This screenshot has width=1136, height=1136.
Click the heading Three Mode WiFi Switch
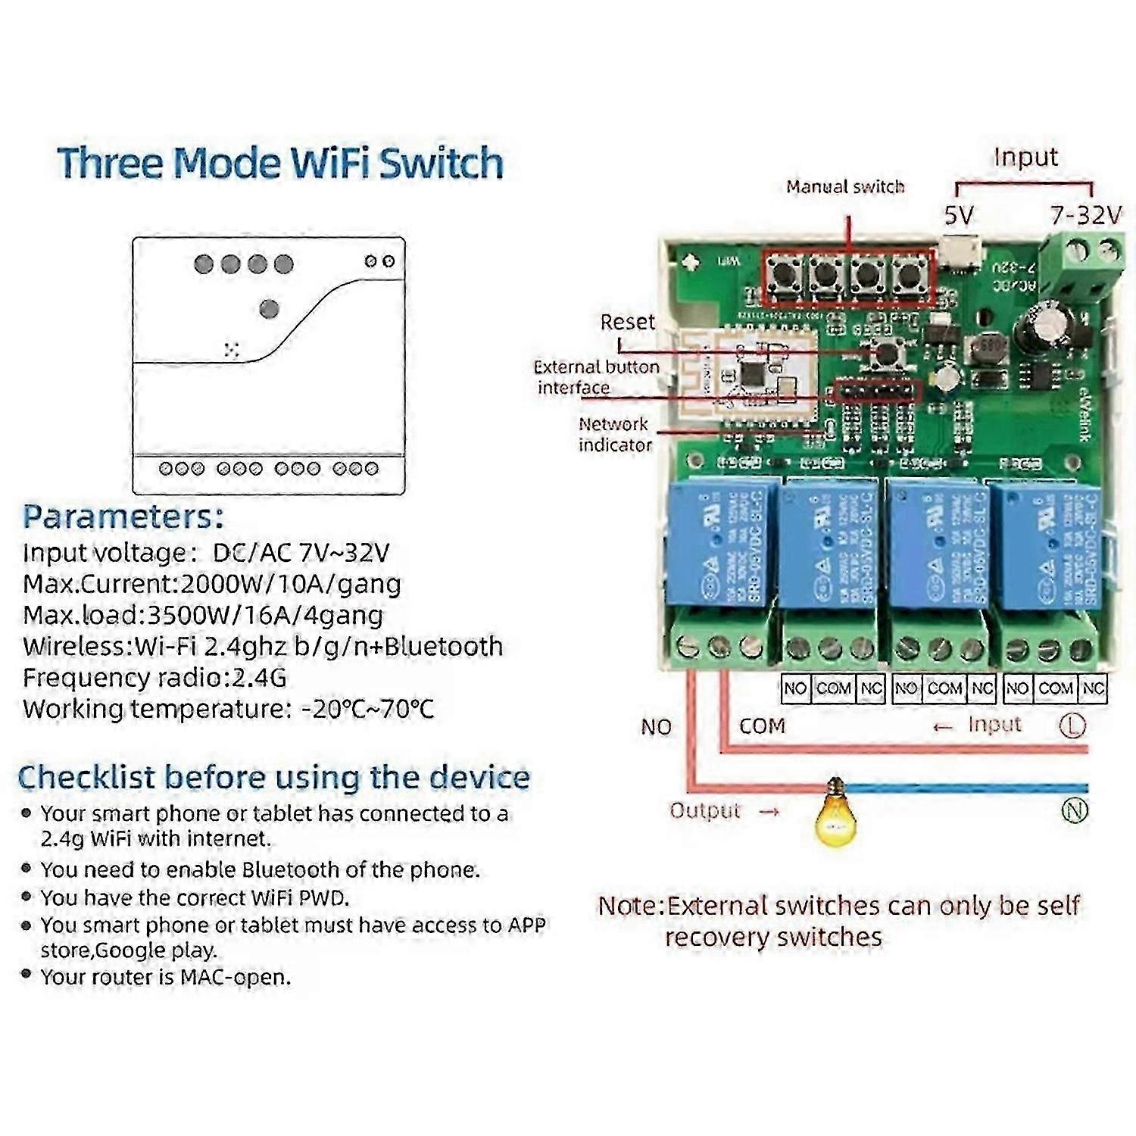(x=280, y=163)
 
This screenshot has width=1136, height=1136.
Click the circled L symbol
(x=1072, y=726)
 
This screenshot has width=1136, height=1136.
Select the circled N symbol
(x=1075, y=810)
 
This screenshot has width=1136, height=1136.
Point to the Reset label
(x=627, y=322)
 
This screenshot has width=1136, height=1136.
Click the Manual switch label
(x=845, y=186)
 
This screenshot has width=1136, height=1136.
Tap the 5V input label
(x=958, y=216)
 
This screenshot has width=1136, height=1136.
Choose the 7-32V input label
(x=1085, y=216)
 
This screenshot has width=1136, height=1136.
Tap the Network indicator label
(x=614, y=435)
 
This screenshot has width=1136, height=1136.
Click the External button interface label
(x=596, y=377)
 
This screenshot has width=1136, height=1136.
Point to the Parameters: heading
(x=123, y=517)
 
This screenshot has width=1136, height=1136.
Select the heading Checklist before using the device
(x=273, y=778)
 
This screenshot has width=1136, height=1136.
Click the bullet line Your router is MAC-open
(x=165, y=977)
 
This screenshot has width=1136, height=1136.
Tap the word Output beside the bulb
(x=704, y=810)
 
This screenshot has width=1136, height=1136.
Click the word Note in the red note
(x=629, y=906)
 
